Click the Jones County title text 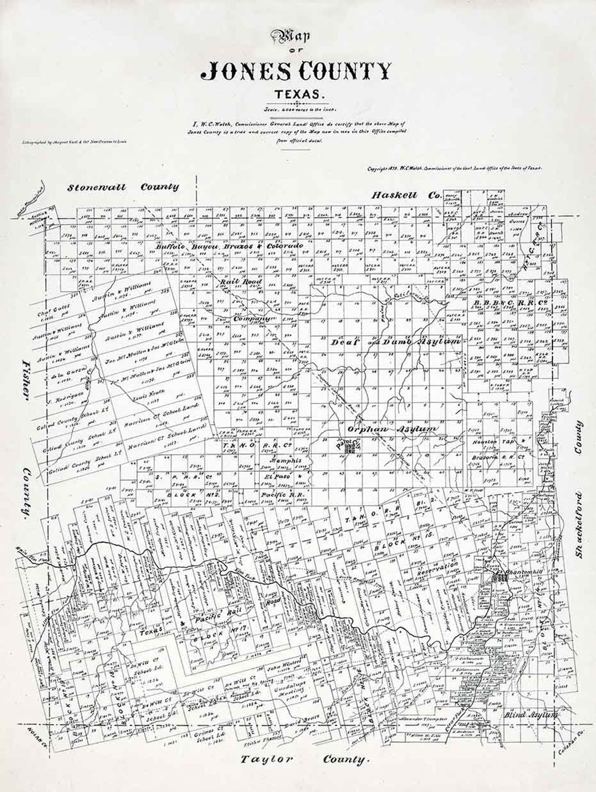click(298, 71)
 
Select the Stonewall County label click(123, 187)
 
